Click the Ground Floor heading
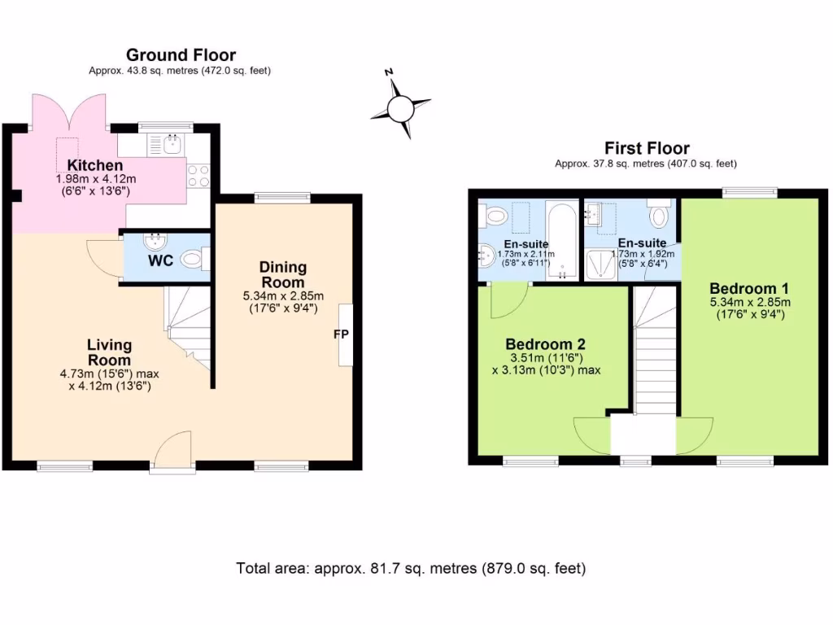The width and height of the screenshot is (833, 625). coord(181,55)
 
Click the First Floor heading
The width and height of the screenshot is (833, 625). coord(647,148)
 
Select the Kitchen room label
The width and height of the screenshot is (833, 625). coord(94,166)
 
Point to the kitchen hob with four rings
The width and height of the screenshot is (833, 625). coord(198,176)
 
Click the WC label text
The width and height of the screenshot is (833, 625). coord(159,262)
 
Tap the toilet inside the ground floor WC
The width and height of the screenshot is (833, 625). coord(192,260)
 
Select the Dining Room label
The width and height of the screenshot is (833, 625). coord(283,274)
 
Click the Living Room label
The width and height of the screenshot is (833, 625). coord(110,352)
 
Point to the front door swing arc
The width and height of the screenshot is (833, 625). coord(172,448)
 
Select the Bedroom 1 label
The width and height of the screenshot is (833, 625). coord(749,289)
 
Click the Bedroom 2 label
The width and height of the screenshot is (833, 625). coord(545,344)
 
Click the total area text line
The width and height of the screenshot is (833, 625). coord(411,568)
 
